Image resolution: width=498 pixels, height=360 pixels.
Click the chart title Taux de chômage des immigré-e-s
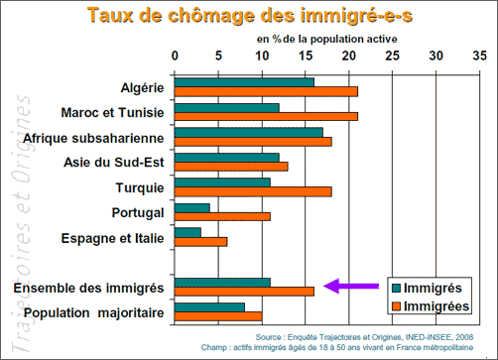(x=250, y=16)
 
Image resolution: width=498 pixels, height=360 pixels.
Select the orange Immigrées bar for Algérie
(x=266, y=92)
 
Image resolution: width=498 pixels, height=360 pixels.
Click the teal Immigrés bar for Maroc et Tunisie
(x=227, y=108)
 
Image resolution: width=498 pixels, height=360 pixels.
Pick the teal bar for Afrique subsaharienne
(x=249, y=133)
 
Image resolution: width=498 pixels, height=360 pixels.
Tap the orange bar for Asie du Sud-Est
(x=231, y=167)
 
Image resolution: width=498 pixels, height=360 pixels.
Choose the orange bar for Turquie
(x=253, y=191)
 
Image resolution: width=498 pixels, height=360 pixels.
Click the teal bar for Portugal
(x=192, y=208)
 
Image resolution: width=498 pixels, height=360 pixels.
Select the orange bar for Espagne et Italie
(x=200, y=242)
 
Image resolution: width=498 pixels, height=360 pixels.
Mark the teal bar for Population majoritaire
(x=209, y=307)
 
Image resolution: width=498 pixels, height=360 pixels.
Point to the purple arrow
(x=351, y=286)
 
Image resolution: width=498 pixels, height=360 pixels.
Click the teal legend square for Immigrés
(x=397, y=288)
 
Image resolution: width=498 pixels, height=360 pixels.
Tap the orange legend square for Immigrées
(x=397, y=306)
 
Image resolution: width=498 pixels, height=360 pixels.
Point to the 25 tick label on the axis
(x=392, y=56)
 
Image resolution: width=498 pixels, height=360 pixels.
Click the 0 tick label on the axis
(x=175, y=56)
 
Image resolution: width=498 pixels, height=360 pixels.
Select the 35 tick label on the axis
(x=479, y=56)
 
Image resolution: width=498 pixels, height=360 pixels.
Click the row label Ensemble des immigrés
(x=88, y=288)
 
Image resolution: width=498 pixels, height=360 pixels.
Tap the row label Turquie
(x=140, y=188)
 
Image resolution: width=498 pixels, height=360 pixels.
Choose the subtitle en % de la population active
(x=326, y=40)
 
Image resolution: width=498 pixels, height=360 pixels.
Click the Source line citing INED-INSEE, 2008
(x=364, y=337)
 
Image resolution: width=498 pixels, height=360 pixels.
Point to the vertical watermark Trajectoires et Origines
(x=21, y=223)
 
